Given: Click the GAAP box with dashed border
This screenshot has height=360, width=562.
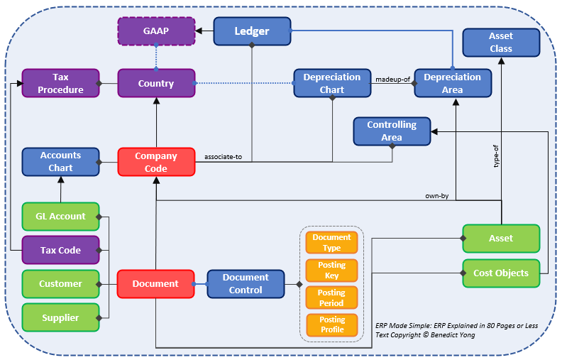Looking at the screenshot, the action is click(156, 31).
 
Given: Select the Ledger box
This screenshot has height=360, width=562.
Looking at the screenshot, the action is click(252, 31).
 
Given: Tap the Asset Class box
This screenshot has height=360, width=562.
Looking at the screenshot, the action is click(501, 43).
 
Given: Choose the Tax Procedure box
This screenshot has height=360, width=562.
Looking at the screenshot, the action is click(60, 83).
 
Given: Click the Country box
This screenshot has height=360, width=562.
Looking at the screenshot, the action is click(156, 83).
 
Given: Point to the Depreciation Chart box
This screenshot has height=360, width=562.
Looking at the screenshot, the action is click(332, 83).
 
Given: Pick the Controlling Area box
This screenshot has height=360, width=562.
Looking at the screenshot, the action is click(392, 131).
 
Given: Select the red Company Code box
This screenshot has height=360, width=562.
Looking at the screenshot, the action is click(156, 162).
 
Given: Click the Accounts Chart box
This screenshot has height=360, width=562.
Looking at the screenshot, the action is click(60, 162).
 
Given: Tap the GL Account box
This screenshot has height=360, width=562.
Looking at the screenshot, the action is click(60, 217).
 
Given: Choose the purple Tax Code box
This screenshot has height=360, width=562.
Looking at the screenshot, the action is click(60, 250).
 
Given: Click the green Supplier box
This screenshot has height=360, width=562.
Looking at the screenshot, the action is click(60, 317).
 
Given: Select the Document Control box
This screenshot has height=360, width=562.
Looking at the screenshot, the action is click(246, 284).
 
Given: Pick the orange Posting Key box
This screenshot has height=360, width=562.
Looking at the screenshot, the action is click(331, 271).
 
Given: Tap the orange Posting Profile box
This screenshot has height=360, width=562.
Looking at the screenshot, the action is click(332, 325).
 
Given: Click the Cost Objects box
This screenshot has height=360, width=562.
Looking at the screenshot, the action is click(501, 273).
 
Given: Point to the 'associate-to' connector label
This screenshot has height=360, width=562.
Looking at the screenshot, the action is click(223, 157).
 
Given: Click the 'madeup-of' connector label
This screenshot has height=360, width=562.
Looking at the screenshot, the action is click(393, 80).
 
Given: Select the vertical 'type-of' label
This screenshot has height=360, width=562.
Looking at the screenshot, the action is click(496, 156).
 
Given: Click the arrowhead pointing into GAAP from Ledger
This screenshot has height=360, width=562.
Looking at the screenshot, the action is click(199, 31).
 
